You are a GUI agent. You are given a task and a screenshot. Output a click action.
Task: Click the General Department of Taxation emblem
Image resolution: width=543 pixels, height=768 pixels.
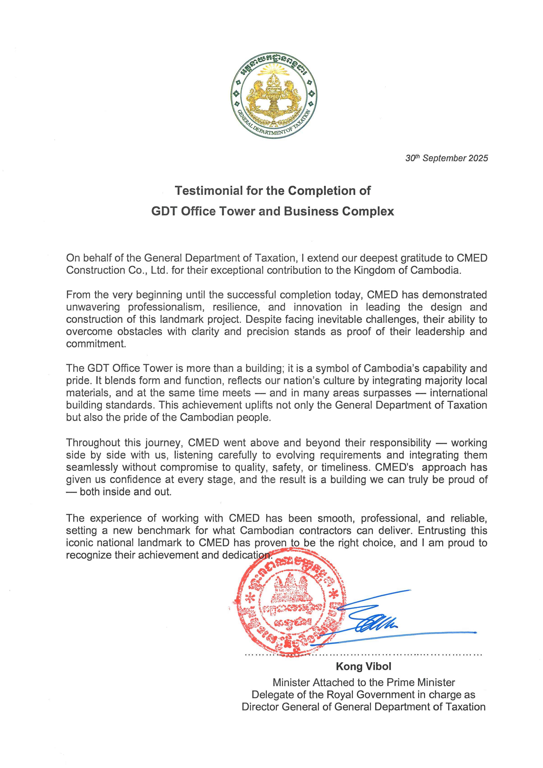274,96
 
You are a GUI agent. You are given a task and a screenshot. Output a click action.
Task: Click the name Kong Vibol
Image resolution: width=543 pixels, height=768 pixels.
363,666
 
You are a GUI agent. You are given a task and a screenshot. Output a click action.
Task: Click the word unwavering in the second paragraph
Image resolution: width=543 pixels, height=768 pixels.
93,307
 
